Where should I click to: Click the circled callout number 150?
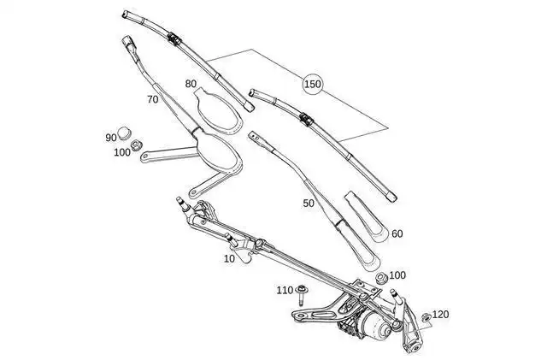coord(312,84)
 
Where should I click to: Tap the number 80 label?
coord(191,84)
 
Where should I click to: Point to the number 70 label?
coord(152,99)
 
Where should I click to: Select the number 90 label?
coord(111,138)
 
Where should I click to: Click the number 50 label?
coord(309,204)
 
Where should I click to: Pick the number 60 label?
coord(397,233)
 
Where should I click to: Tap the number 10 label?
coord(229,259)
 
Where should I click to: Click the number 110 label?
coord(285,290)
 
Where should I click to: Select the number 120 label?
coord(441,315)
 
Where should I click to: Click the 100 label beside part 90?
coord(122,152)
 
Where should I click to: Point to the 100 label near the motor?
coord(397,275)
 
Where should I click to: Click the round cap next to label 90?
coord(124,133)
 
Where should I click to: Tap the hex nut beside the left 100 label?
coord(135,145)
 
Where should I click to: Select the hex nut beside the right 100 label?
coord(382,278)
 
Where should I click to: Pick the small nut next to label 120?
coord(426,317)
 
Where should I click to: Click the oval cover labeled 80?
coord(218,112)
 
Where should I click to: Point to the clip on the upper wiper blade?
coord(174,38)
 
